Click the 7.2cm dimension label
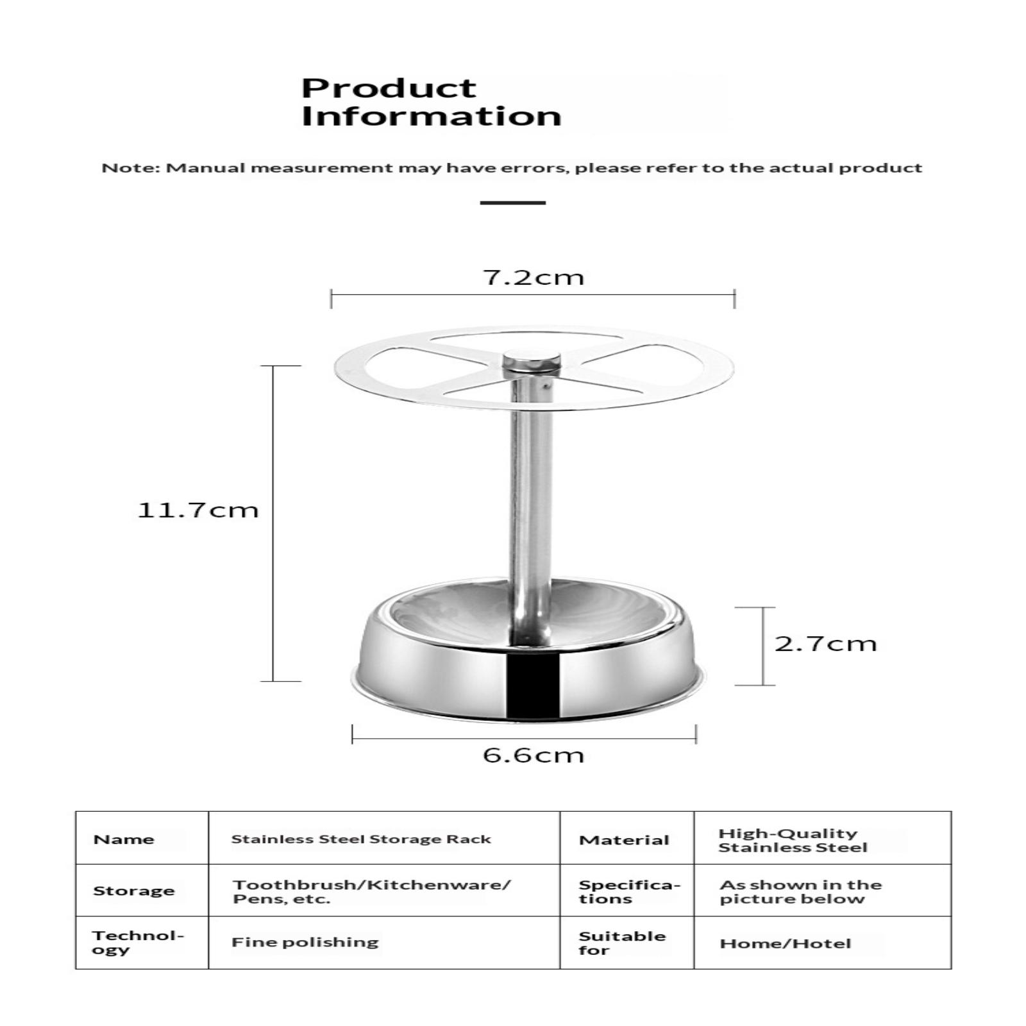tap(533, 278)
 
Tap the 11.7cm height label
tap(198, 510)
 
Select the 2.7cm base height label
tap(825, 644)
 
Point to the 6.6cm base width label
tap(533, 755)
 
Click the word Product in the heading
tap(389, 88)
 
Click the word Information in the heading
tap(431, 117)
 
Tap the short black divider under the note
tap(512, 203)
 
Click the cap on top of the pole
tap(531, 362)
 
